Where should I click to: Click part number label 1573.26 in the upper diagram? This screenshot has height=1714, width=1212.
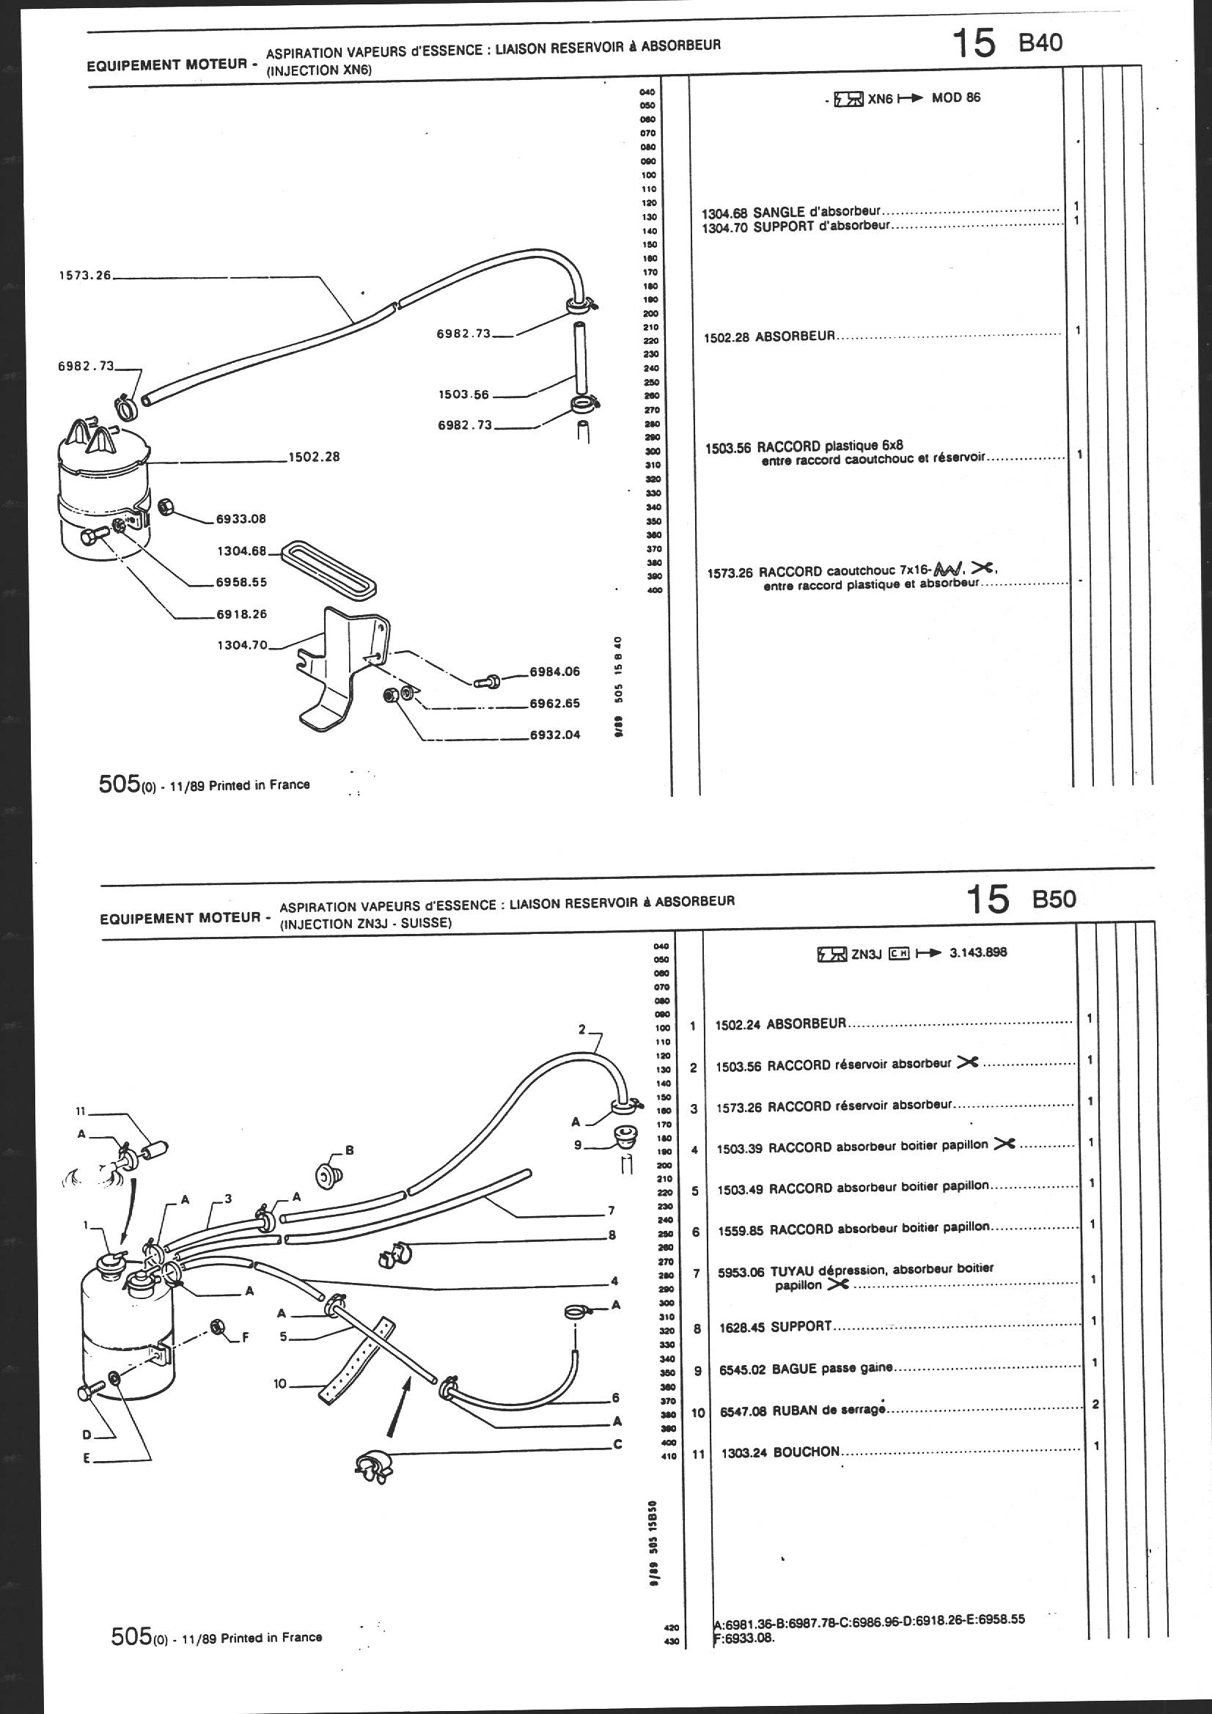point(84,276)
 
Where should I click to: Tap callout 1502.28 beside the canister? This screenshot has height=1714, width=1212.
point(314,456)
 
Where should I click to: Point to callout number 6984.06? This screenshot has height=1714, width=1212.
point(554,671)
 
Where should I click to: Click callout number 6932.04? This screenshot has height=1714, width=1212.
point(554,735)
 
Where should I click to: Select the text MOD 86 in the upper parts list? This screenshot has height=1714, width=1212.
point(956,98)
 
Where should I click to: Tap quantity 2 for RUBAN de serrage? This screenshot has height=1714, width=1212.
point(1095,1404)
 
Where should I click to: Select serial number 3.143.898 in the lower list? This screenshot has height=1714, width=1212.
point(978,952)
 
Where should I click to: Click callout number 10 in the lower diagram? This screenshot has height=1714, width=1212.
point(280,1384)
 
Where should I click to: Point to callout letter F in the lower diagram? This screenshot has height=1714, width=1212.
point(244,1338)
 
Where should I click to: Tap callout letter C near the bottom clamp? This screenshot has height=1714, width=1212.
point(617,1444)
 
